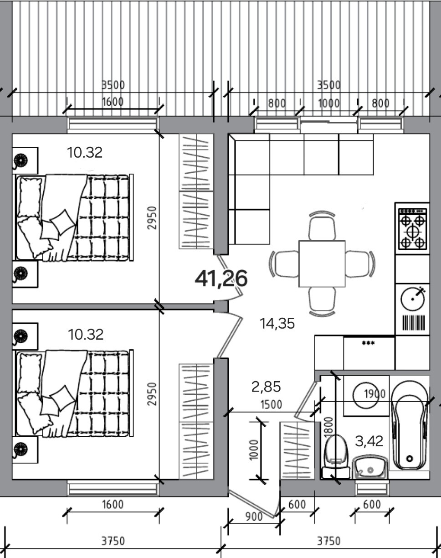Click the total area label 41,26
tap(221, 278)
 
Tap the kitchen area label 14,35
tap(277, 324)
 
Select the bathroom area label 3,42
tap(369, 441)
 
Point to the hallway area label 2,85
tap(266, 387)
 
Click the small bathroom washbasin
tap(370, 467)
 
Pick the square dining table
tap(322, 263)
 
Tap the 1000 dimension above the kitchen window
tap(328, 103)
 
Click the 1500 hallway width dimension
tap(271, 404)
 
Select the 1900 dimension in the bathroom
tap(375, 394)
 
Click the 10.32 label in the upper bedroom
tap(85, 152)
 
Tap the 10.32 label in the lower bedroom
tap(86, 335)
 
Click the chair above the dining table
tap(322, 226)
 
